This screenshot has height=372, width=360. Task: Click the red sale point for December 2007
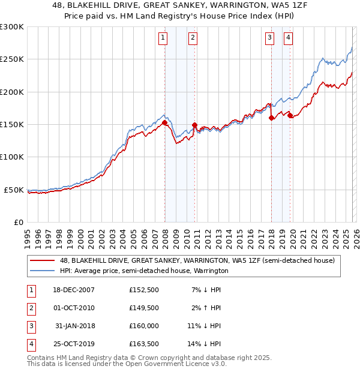click(x=164, y=123)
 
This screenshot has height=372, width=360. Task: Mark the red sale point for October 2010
click(x=194, y=125)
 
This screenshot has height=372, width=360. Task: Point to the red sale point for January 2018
click(x=271, y=118)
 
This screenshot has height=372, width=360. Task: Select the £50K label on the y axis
click(x=14, y=190)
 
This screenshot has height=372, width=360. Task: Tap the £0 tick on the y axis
click(x=18, y=222)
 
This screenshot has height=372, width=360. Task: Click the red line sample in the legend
click(x=42, y=261)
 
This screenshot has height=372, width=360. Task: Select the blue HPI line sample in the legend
click(x=42, y=271)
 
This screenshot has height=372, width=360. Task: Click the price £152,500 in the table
click(x=144, y=290)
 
